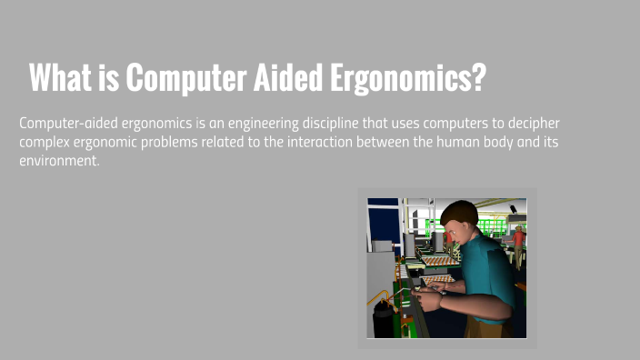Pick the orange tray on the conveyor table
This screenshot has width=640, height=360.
(x=443, y=262)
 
